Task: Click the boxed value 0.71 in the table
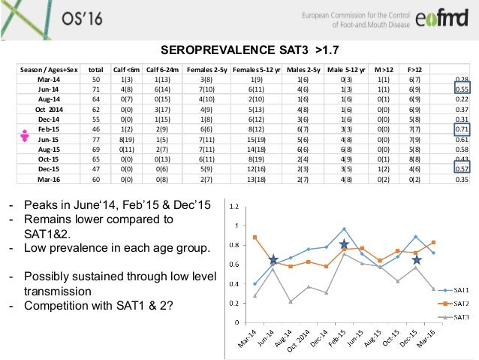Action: (462, 129)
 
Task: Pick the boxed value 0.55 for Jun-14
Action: (462, 89)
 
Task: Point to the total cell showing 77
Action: (95, 139)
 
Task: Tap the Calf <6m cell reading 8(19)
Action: (127, 139)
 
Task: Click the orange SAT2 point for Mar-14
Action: (256, 237)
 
